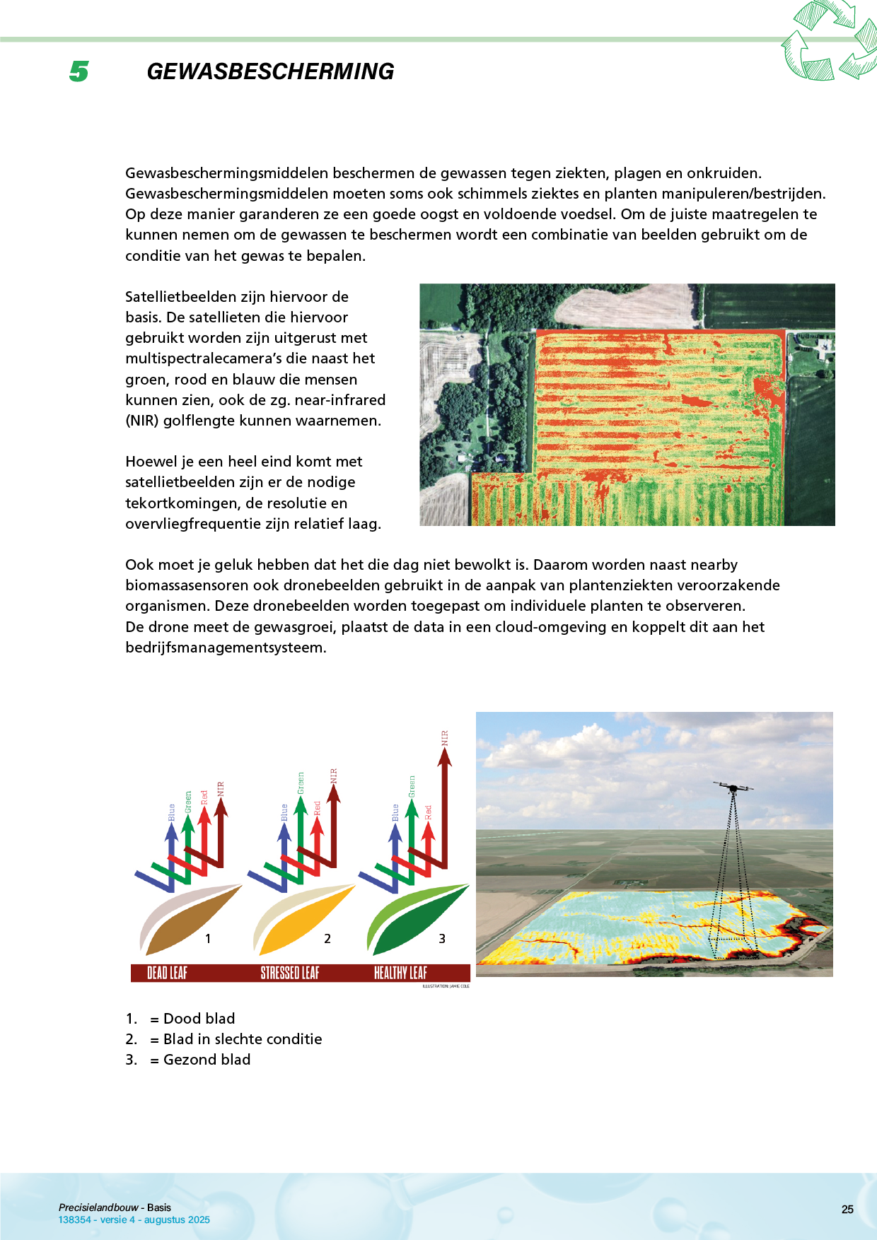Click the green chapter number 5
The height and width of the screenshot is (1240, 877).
coord(79,71)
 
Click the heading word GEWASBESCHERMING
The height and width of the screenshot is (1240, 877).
coord(270,71)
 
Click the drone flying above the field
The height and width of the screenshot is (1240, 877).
coord(733,787)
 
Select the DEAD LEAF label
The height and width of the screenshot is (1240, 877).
coord(167,973)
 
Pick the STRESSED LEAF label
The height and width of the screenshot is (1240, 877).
coord(290,973)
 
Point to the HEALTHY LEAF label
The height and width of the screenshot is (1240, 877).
coord(400,973)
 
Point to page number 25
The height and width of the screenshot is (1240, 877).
coord(847,1210)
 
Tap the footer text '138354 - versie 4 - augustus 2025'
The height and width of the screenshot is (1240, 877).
coord(134,1219)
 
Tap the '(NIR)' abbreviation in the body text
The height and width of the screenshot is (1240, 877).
coord(141,421)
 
